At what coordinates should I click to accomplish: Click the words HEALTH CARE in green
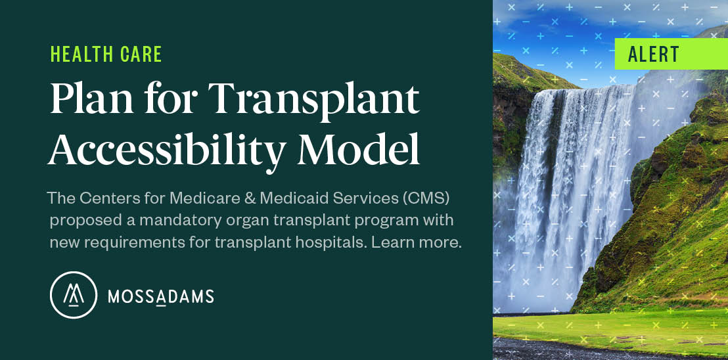106,55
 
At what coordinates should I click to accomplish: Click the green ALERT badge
670,54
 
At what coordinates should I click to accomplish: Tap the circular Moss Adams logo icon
73,295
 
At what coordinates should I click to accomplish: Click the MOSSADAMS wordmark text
160,297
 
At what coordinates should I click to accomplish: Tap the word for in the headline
167,101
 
